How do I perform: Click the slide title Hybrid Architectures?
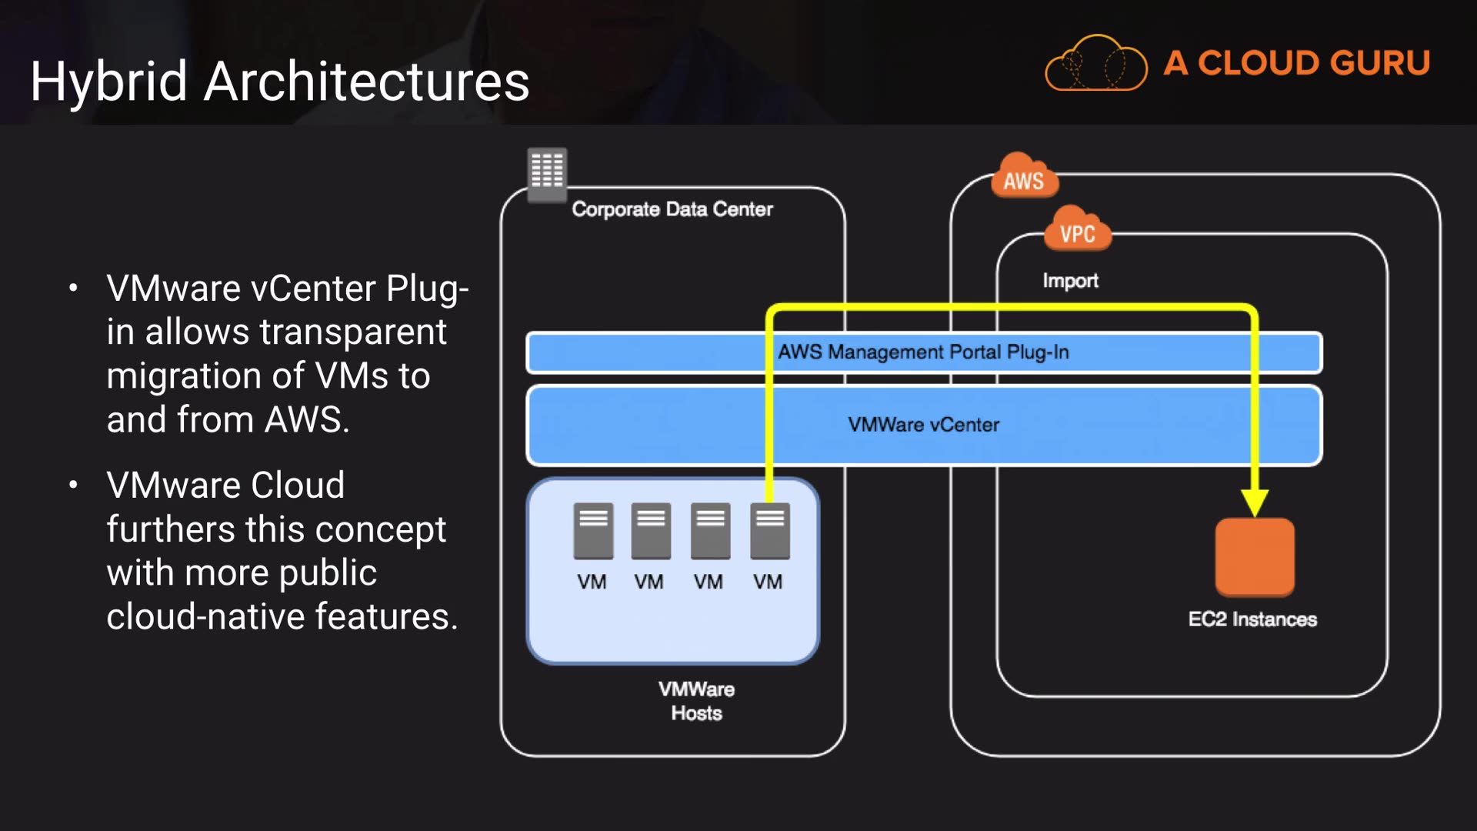coord(280,82)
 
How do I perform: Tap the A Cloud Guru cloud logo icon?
coord(1095,63)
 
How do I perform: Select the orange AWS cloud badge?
coord(1024,179)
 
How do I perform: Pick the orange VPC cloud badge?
coord(1077,231)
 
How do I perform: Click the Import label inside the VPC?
coord(1070,281)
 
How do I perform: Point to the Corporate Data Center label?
coord(672,209)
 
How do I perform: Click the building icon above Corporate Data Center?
coord(547,171)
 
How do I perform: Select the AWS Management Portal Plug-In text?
coord(923,352)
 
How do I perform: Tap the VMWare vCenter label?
coord(923,425)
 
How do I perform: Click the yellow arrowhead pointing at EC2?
coord(1255,503)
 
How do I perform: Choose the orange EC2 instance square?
coord(1255,556)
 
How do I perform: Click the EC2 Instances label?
coord(1252,619)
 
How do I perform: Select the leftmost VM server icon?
coord(593,530)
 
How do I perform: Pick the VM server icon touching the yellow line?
coord(770,530)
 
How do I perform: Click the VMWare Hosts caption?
coord(696,701)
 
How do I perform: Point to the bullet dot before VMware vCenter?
coord(73,289)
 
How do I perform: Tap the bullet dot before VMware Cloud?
coord(73,486)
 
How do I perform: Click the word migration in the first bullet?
coord(183,376)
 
